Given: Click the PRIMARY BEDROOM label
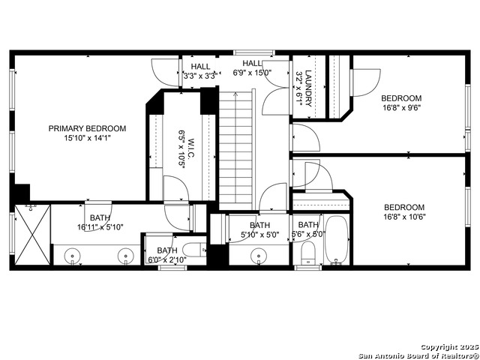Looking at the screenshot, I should [x=87, y=128].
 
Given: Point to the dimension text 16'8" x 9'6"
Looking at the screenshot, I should [x=400, y=107].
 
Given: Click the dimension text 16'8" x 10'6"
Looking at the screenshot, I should [x=403, y=217].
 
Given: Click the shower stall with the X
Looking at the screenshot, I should [x=31, y=235].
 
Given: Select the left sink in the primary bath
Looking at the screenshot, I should [x=73, y=256].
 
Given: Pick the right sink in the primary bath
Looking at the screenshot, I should [x=125, y=256].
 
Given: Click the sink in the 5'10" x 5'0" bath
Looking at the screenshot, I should [x=259, y=256].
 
